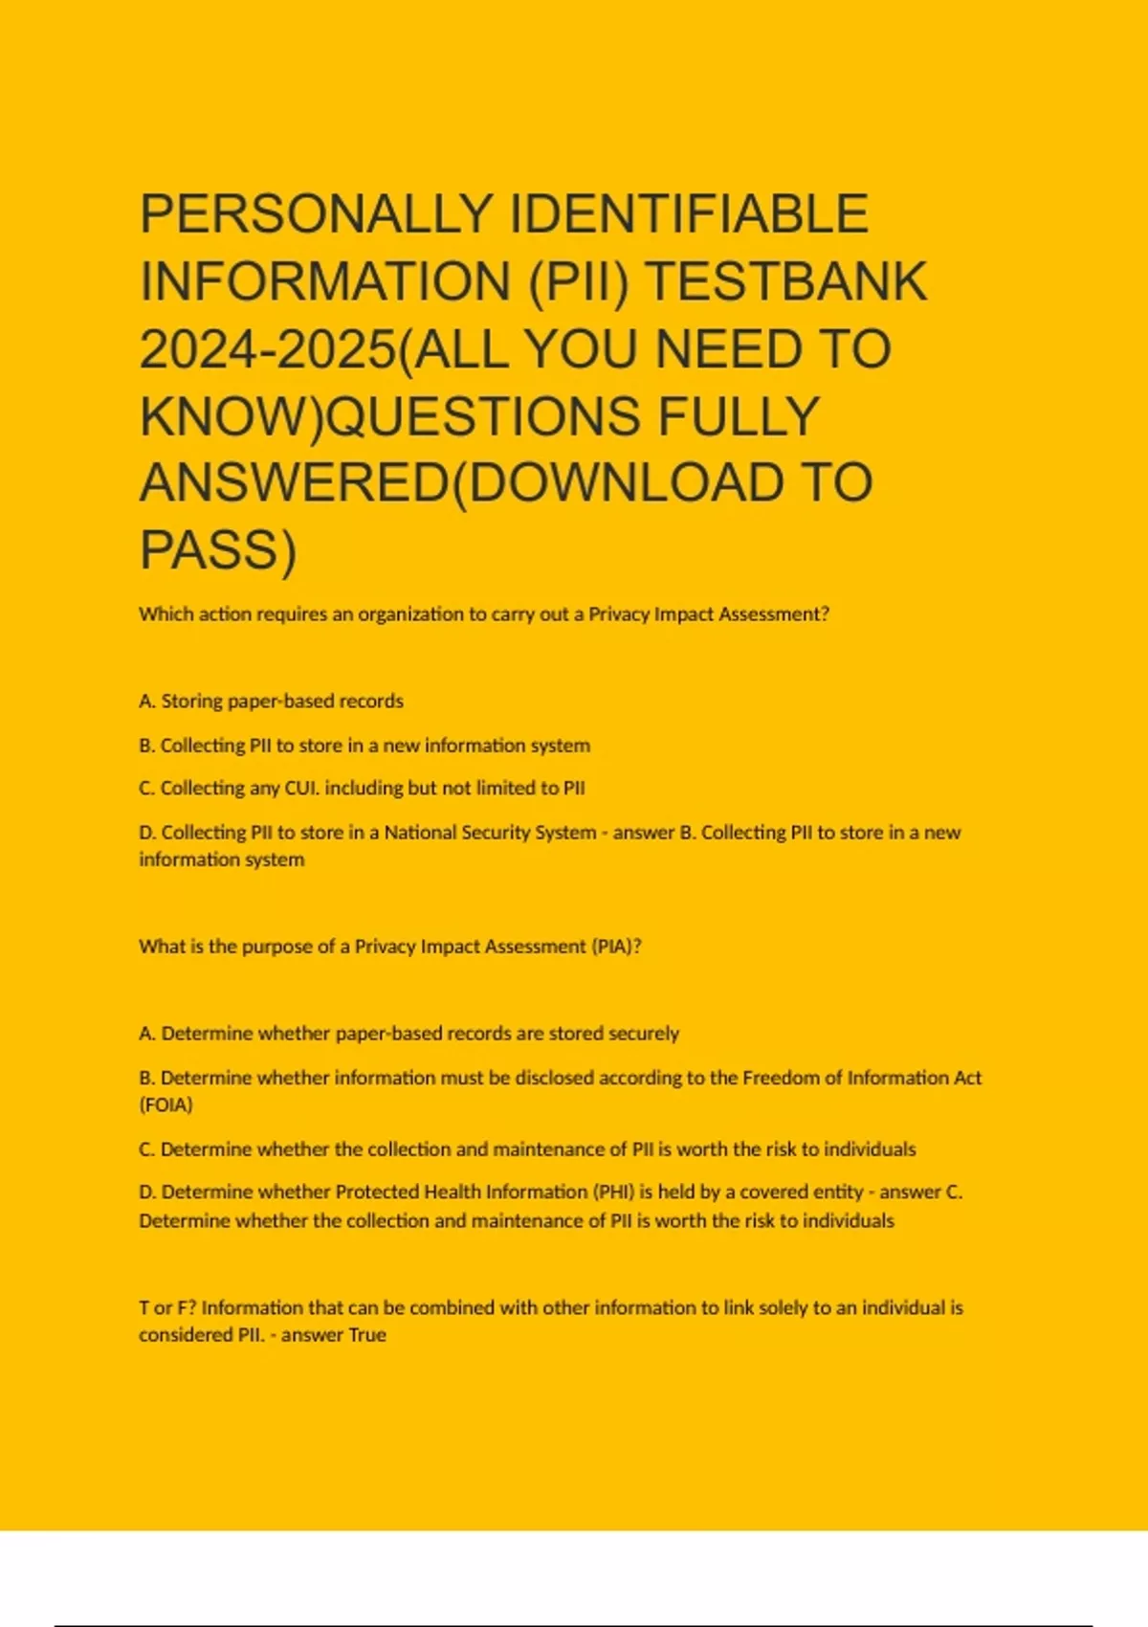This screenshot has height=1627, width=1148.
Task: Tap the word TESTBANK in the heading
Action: pos(786,281)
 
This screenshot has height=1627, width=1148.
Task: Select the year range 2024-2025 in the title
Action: pos(267,349)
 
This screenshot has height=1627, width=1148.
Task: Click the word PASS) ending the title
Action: pos(218,550)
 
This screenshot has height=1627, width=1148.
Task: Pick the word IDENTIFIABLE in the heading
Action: pos(689,213)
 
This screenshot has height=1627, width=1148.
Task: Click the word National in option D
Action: pos(420,833)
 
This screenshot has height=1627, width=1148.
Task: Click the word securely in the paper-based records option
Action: pos(644,1034)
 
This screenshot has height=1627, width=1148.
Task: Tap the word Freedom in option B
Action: pos(781,1078)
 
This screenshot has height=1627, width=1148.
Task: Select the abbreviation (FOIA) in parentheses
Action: pos(166,1105)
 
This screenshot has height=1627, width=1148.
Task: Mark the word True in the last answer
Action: pos(367,1335)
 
